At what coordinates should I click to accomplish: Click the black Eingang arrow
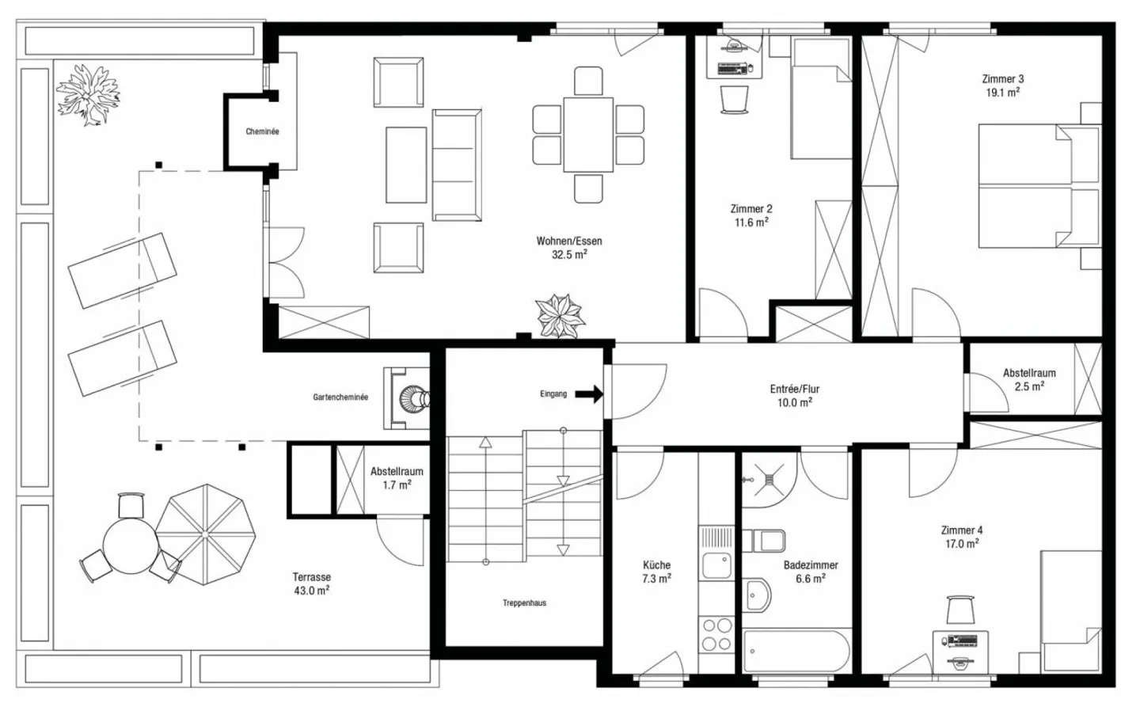click(x=588, y=393)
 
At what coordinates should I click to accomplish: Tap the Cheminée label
click(x=262, y=131)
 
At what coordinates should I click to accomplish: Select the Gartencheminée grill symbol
click(x=412, y=397)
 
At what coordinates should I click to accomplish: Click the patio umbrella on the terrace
click(x=205, y=534)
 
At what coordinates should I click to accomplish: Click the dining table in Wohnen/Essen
click(x=588, y=134)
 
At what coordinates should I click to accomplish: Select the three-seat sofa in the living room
click(x=457, y=165)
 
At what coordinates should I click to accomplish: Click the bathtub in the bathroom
click(x=796, y=651)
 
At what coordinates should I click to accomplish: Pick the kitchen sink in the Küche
click(x=717, y=565)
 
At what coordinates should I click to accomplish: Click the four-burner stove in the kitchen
click(x=717, y=634)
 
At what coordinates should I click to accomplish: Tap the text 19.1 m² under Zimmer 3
click(x=1002, y=93)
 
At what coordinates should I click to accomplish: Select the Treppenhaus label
click(x=524, y=603)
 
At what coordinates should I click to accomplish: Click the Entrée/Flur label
click(x=794, y=389)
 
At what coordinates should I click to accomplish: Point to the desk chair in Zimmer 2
click(x=734, y=99)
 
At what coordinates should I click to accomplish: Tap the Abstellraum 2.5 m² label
click(x=1028, y=379)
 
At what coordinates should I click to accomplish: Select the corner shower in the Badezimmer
click(x=767, y=479)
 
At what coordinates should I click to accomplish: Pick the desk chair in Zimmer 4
click(x=960, y=610)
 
